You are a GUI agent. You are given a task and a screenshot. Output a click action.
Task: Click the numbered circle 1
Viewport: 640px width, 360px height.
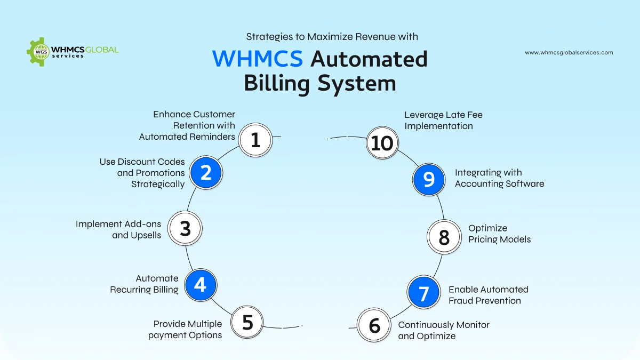tap(255, 140)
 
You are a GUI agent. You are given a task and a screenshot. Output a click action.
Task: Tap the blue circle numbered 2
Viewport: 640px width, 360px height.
tap(206, 172)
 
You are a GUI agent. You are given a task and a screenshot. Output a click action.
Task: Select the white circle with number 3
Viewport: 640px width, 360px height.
tap(185, 228)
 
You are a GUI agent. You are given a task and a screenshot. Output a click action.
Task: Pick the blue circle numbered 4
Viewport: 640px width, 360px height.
tap(200, 285)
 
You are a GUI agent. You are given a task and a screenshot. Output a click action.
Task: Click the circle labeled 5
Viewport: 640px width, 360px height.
tap(247, 322)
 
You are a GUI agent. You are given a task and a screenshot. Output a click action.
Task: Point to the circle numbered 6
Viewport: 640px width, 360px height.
tap(374, 325)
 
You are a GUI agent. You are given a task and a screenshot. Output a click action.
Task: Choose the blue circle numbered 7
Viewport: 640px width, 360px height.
tap(424, 293)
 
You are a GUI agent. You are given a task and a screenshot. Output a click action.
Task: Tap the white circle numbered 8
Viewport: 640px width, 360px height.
tap(444, 237)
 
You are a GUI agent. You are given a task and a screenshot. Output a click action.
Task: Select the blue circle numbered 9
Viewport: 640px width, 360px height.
tap(429, 179)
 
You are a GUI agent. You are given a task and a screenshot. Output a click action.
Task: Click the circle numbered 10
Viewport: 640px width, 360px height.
tap(382, 143)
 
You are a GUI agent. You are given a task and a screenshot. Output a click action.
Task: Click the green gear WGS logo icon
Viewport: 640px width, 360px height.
tap(38, 52)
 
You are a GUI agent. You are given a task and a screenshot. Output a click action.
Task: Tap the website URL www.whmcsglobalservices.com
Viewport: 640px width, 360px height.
tap(569, 53)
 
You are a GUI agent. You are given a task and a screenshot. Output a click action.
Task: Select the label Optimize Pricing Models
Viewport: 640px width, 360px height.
tap(499, 234)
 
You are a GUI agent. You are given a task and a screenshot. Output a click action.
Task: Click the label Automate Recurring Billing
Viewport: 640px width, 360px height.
tap(145, 284)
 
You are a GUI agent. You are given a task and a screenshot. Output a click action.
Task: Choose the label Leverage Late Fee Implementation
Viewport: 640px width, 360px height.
tap(443, 121)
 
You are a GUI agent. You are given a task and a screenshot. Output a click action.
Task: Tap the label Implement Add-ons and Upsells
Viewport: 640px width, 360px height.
tap(118, 229)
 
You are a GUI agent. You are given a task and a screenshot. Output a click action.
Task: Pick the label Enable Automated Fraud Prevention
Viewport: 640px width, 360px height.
tap(488, 295)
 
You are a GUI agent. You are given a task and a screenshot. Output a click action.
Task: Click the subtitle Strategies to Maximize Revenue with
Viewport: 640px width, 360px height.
tap(332, 37)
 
